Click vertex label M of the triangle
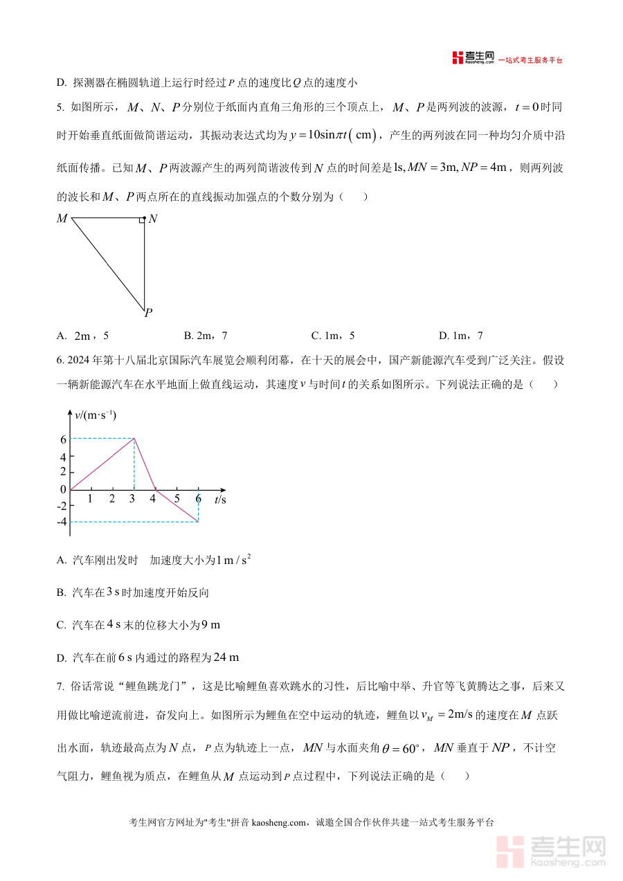62,219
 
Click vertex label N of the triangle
153,219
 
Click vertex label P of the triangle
148,313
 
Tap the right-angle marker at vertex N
141,220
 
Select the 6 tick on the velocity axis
63,439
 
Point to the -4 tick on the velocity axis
62,522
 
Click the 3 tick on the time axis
133,498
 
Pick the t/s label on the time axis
220,499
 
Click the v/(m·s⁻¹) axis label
96,415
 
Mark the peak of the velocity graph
134,438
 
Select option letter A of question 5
61,336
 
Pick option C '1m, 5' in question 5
333,336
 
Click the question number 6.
60,361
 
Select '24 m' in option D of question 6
226,657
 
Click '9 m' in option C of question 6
210,625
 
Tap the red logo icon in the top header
458,58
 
